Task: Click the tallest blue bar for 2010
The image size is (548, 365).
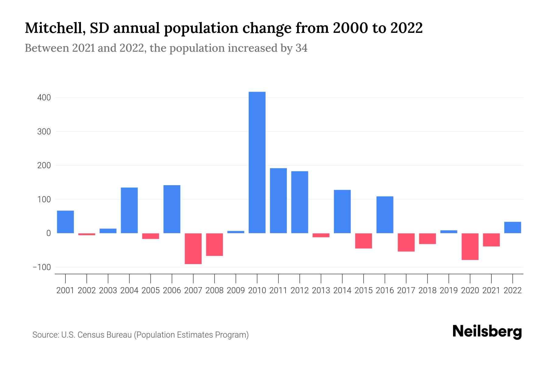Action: click(257, 162)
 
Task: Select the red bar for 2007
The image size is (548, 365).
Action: click(193, 249)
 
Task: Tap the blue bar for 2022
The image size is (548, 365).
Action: click(512, 228)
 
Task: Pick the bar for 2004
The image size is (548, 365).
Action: click(129, 210)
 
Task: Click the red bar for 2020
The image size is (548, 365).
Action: click(470, 247)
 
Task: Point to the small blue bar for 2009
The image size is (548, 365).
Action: click(236, 232)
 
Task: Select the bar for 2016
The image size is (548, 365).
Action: click(385, 215)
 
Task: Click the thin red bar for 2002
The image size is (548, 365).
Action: click(87, 234)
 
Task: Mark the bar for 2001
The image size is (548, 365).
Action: click(65, 222)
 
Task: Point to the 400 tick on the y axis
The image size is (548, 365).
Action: click(44, 98)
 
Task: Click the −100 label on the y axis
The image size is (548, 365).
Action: click(42, 267)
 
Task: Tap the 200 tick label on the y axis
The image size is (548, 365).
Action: click(44, 166)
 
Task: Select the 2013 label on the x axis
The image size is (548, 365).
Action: click(321, 290)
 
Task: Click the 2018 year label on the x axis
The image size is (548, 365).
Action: click(427, 290)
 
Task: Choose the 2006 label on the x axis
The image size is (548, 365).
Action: click(172, 290)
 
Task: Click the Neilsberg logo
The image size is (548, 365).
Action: click(487, 332)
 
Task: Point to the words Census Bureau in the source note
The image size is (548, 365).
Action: click(104, 335)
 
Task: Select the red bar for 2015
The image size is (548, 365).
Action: click(364, 241)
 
